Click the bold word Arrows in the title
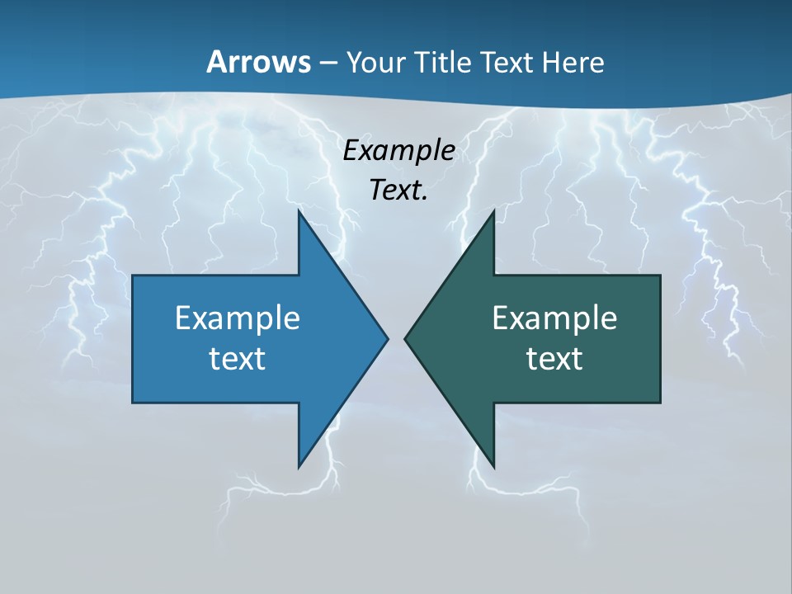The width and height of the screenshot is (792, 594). pyautogui.click(x=258, y=62)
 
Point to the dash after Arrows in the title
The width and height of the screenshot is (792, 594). pyautogui.click(x=327, y=63)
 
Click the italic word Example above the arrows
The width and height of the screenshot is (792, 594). pyautogui.click(x=398, y=150)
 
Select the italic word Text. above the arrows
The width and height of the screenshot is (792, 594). pyautogui.click(x=398, y=191)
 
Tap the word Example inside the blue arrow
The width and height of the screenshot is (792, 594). pyautogui.click(x=238, y=318)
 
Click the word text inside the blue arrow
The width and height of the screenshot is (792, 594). pyautogui.click(x=238, y=359)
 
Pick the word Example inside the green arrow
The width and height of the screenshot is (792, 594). pyautogui.click(x=554, y=318)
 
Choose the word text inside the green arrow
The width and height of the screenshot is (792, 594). pyautogui.click(x=554, y=359)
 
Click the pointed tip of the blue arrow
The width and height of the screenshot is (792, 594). pyautogui.click(x=387, y=338)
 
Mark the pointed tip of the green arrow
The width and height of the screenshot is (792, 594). pyautogui.click(x=405, y=338)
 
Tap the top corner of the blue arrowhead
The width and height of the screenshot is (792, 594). pyautogui.click(x=299, y=213)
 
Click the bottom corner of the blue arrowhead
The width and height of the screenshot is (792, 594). pyautogui.click(x=299, y=466)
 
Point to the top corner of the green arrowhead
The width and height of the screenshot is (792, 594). pyautogui.click(x=493, y=212)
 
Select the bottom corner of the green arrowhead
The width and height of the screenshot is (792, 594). pyautogui.click(x=493, y=466)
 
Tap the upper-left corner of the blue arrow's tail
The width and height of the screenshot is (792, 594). pyautogui.click(x=134, y=276)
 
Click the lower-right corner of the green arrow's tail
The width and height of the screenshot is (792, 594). pyautogui.click(x=660, y=402)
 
